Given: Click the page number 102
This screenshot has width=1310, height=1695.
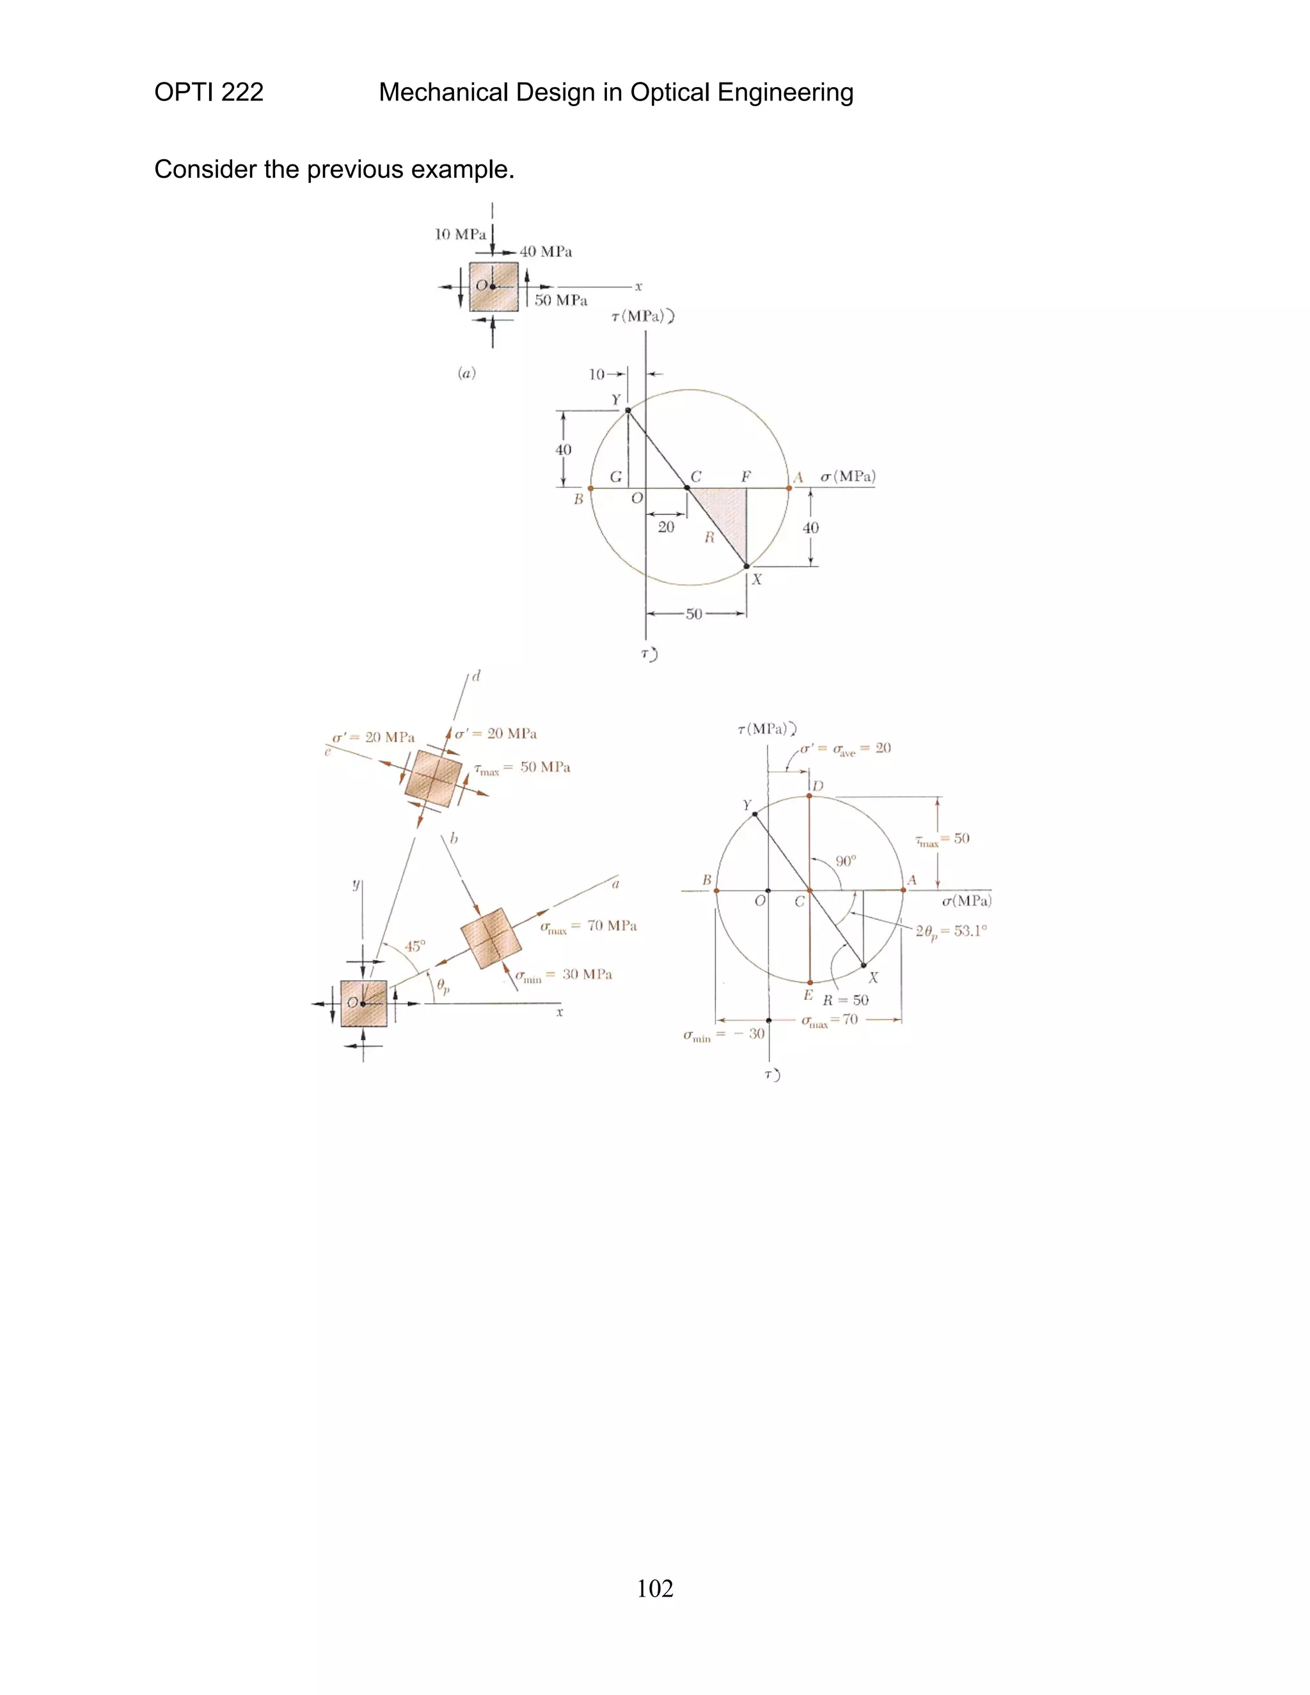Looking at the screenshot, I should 654,1589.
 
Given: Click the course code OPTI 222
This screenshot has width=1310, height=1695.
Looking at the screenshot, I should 209,92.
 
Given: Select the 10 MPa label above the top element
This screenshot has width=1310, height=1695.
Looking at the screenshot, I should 460,234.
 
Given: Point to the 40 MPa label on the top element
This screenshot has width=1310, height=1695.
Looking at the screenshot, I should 546,252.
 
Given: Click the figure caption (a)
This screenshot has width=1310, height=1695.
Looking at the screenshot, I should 466,374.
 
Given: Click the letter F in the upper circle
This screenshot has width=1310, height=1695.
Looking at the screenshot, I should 746,477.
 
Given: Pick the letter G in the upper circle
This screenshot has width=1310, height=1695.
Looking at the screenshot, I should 615,477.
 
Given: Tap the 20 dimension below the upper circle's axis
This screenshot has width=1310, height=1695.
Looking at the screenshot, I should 666,527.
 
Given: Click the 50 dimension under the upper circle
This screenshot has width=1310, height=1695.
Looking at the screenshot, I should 694,614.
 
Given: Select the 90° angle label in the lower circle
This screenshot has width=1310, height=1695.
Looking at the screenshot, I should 846,861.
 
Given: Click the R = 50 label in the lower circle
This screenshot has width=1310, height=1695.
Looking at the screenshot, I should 846,1000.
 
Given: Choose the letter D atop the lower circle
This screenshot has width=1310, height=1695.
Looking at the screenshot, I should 818,786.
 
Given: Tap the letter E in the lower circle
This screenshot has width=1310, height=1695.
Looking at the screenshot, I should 808,995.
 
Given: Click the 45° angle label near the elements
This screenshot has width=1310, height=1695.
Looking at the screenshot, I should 415,946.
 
